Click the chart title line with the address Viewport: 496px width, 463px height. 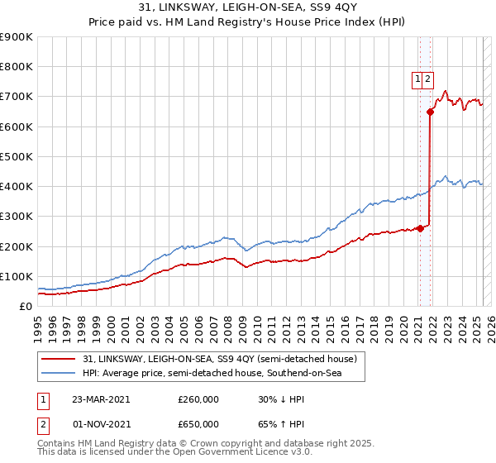[248, 7]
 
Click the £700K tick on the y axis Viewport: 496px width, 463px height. [17, 97]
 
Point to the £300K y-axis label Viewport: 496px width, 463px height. [17, 217]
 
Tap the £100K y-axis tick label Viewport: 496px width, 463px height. [17, 276]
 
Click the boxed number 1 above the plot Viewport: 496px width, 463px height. [418, 79]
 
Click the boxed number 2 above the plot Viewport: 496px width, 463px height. [429, 79]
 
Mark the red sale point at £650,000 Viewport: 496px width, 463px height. [431, 112]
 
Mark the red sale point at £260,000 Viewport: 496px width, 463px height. [420, 228]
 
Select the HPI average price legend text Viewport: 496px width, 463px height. [223, 374]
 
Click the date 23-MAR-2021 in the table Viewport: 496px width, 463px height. [102, 399]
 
